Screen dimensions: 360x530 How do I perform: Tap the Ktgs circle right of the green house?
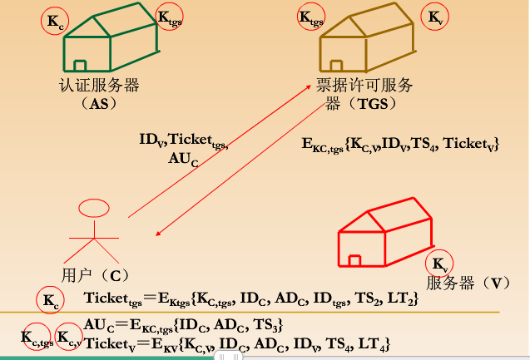tap(169, 18)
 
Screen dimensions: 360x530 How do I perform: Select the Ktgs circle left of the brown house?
tap(310, 17)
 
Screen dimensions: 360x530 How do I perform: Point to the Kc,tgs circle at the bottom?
tap(37, 339)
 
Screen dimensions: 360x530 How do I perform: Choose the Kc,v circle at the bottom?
tap(69, 339)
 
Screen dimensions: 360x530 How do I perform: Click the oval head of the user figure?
tap(93, 208)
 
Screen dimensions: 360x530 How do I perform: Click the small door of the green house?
tap(80, 66)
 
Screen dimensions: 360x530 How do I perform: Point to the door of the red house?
tap(354, 260)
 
